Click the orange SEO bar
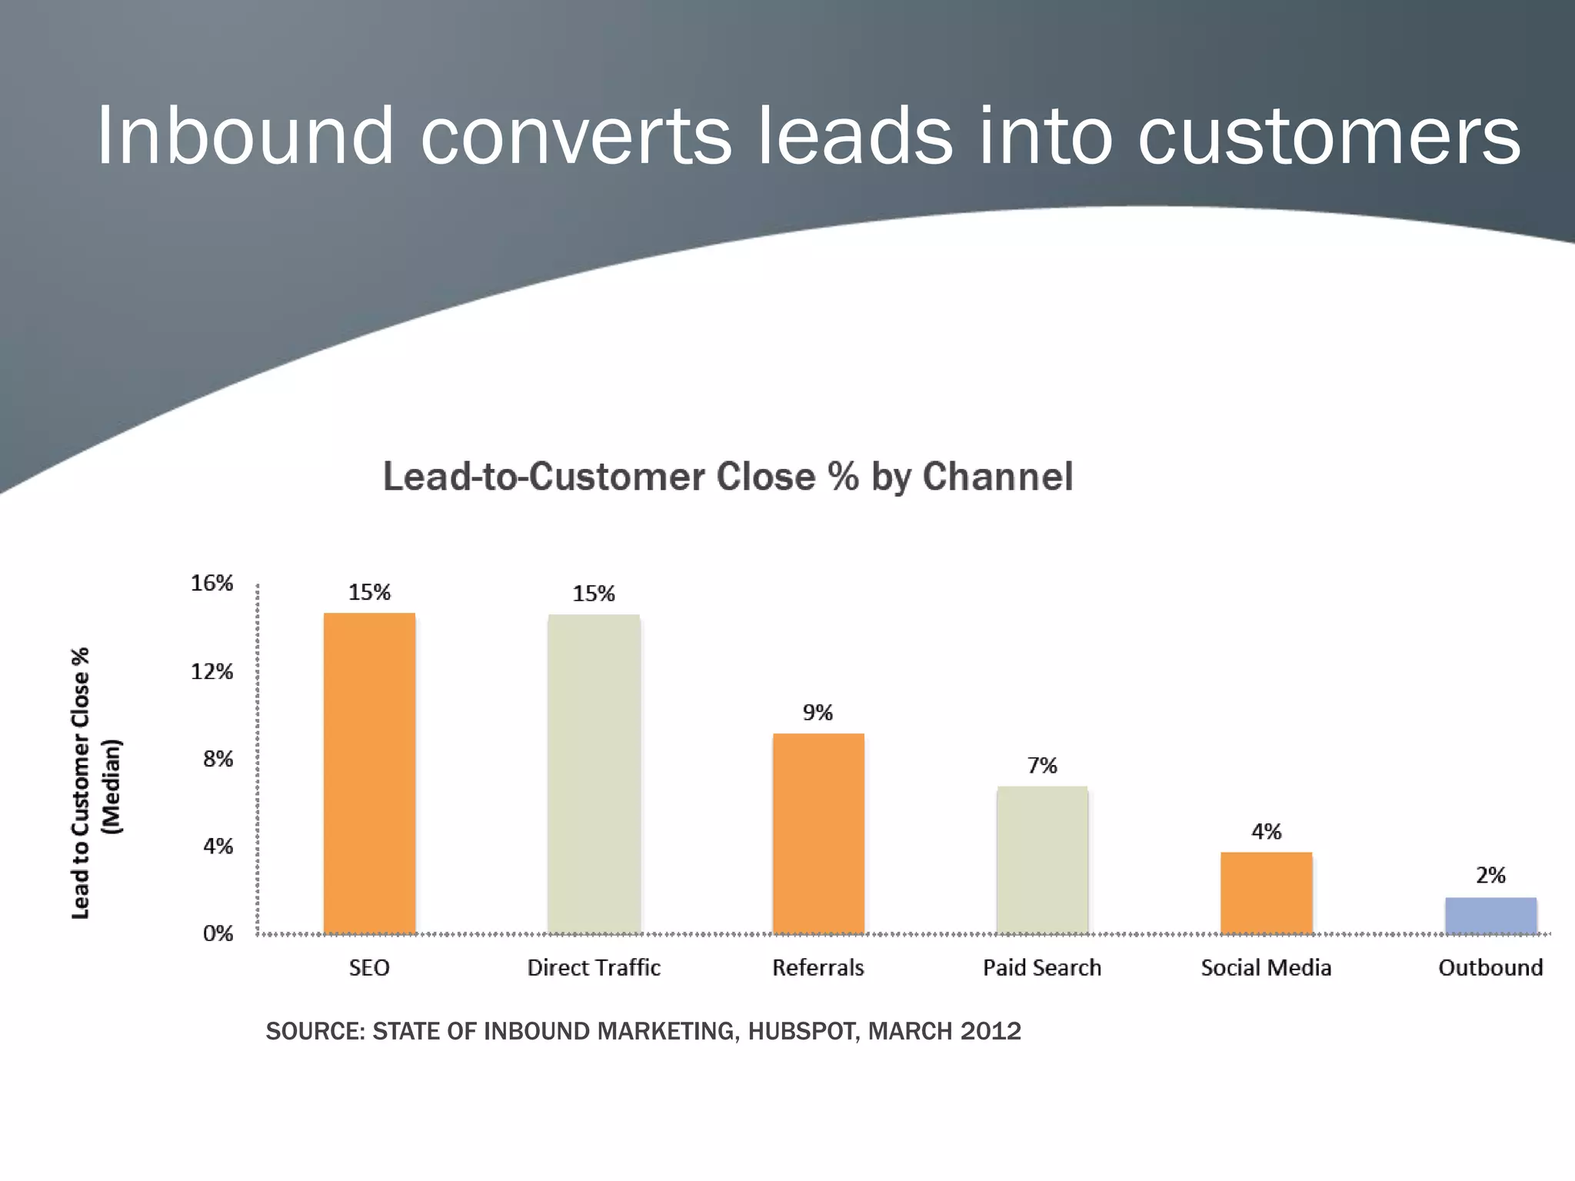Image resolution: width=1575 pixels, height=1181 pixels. point(369,773)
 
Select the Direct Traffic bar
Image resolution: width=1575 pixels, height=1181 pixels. point(594,773)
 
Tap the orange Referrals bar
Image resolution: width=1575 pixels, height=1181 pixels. point(818,833)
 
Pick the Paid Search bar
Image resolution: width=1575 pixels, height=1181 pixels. point(1042,860)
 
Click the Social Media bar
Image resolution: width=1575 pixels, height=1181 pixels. point(1266,893)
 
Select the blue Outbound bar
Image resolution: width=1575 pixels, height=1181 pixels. point(1490,915)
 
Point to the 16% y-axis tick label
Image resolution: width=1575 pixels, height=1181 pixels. point(211,584)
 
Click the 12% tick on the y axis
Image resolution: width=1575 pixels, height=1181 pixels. point(211,672)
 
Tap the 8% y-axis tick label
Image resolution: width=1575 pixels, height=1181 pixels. point(218,760)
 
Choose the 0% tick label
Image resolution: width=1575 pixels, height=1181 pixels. point(218,933)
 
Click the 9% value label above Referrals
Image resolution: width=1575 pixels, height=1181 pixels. point(817,713)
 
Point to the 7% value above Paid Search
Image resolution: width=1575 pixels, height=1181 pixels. point(1042,766)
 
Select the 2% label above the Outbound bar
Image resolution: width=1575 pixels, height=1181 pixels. point(1490,875)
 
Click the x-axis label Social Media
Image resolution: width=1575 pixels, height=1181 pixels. point(1266,967)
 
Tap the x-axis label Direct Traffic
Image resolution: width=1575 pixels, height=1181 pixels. point(594,967)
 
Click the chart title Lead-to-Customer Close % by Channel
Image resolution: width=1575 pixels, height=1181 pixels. point(728,477)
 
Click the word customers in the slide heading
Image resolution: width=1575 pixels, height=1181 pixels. point(1328,136)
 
